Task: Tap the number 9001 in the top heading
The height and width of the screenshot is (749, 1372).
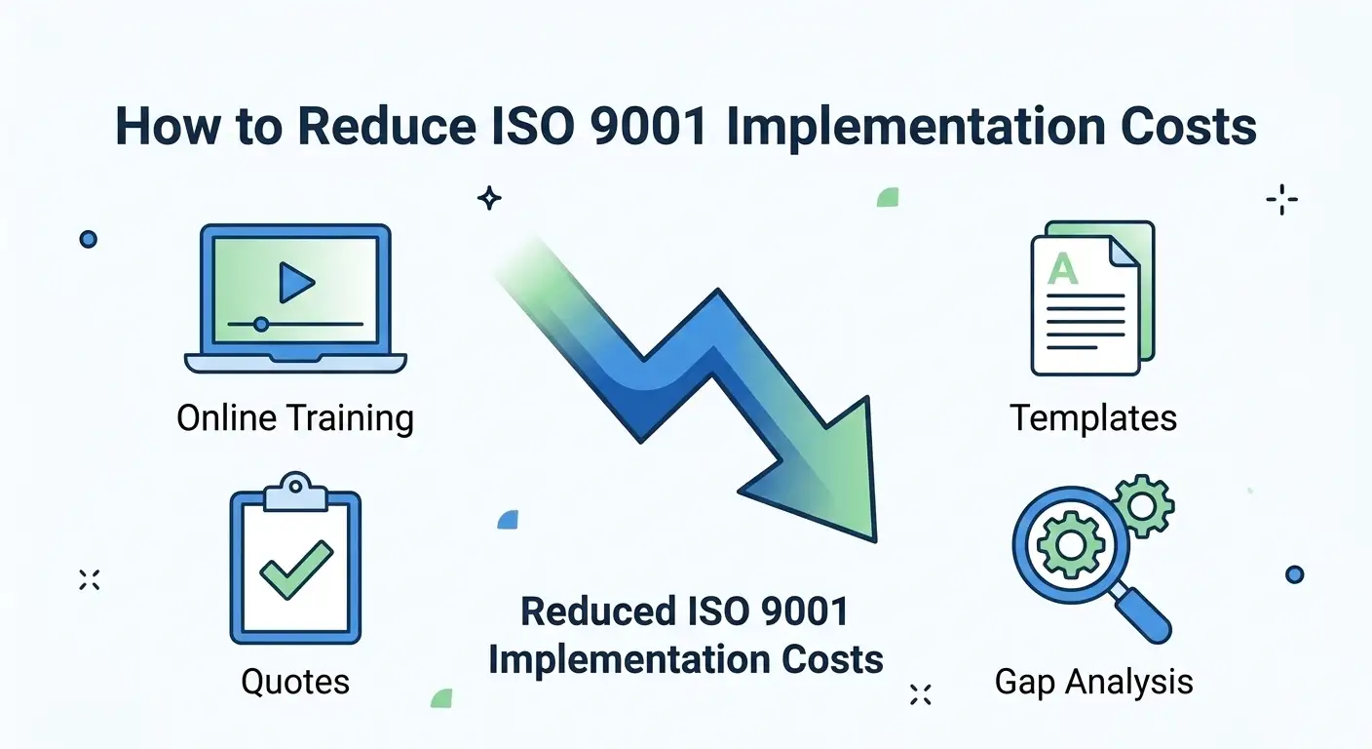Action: click(640, 127)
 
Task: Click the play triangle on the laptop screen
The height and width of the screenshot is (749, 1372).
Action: click(295, 283)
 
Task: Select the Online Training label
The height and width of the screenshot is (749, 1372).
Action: click(295, 418)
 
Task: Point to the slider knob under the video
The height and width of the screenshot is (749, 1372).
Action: click(260, 324)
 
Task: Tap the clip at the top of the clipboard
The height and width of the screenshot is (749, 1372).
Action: click(294, 490)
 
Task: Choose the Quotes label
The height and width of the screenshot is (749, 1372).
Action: click(295, 681)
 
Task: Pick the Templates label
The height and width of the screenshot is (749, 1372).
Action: click(1093, 418)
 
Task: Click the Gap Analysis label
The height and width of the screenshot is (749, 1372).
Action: click(1093, 681)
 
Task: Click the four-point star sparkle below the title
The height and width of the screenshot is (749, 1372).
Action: click(489, 199)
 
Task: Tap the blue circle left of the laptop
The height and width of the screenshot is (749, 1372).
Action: click(89, 238)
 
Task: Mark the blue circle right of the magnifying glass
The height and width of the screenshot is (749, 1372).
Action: click(1294, 574)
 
